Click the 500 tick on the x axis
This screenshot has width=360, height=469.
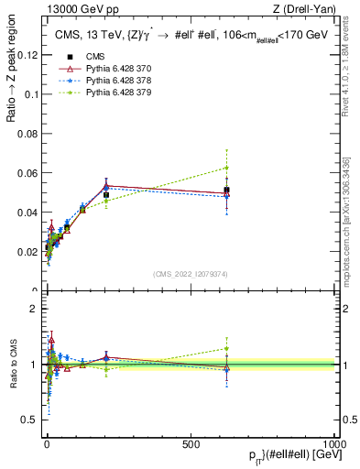pos(191,444)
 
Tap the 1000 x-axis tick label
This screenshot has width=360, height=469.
pos(334,444)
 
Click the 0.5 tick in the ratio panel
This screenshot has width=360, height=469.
pos(29,420)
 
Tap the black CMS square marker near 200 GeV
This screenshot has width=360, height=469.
pos(106,194)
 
